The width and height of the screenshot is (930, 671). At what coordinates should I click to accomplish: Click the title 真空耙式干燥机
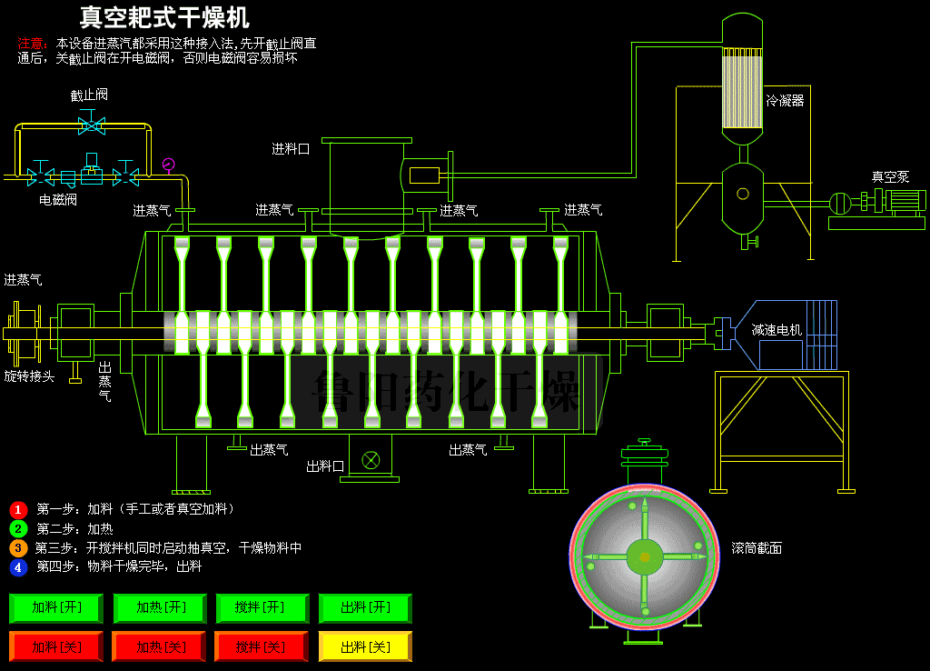164,17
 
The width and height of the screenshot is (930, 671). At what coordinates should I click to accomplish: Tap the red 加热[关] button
159,646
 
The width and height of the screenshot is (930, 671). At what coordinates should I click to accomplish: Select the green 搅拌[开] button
262,607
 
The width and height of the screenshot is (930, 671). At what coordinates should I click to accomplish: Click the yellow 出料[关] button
365,646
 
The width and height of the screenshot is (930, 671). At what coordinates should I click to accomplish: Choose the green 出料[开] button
365,607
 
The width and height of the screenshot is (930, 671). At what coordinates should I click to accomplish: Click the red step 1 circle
18,509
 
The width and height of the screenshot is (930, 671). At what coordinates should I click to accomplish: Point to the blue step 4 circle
18,566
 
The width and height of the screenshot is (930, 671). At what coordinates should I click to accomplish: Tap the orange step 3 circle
18,547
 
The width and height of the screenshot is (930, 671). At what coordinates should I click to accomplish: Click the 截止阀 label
89,95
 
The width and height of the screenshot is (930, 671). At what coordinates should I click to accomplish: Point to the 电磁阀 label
57,199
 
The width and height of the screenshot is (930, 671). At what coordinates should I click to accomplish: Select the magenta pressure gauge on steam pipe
168,165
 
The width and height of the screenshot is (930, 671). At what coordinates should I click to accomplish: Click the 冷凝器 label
785,100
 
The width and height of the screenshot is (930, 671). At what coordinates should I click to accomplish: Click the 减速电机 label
777,330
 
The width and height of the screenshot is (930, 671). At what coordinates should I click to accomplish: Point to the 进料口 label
291,148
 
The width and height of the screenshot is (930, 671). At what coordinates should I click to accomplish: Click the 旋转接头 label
29,376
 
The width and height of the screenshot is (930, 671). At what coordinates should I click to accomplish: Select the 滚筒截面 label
757,547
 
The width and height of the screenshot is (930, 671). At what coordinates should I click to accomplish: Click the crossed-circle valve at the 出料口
371,459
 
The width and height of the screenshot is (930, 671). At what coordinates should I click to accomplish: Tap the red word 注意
31,43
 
